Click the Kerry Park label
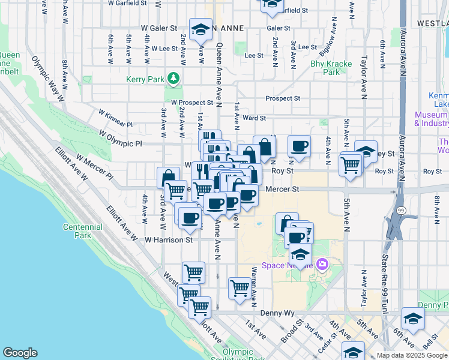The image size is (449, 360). [x=145, y=79]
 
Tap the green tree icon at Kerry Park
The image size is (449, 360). [x=173, y=79]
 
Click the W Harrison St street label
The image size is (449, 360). [x=167, y=239]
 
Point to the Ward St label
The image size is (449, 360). [x=254, y=118]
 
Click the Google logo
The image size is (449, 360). [x=20, y=352]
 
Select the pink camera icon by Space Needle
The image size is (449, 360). [x=323, y=264]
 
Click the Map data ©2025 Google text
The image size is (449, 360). [x=411, y=355]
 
